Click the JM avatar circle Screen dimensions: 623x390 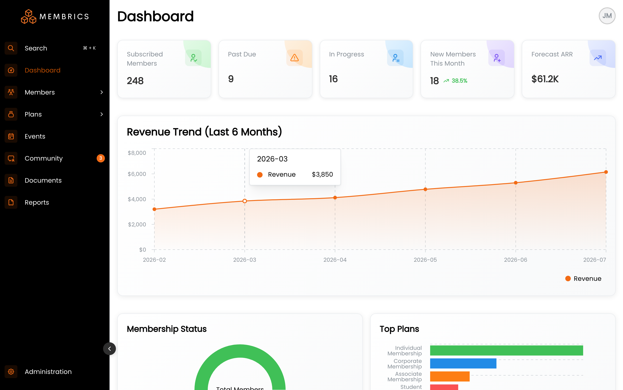tap(607, 16)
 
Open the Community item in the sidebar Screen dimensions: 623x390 tap(44, 158)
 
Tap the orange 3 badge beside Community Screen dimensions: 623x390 tap(101, 158)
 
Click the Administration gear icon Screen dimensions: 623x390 tap(11, 371)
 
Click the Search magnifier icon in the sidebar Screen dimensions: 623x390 tap(11, 48)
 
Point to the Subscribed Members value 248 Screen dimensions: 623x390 tap(135, 81)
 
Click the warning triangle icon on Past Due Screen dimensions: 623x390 tap(295, 58)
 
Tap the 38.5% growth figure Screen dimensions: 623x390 tap(459, 81)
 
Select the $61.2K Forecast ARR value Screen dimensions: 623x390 tap(545, 79)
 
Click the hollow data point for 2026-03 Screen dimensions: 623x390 tap(245, 201)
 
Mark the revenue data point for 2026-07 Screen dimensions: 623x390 tap(606, 172)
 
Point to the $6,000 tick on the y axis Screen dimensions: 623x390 tap(137, 174)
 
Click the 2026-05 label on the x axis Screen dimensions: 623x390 tap(425, 260)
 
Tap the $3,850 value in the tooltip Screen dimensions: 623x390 tap(322, 174)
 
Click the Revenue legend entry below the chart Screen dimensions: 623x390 tap(583, 279)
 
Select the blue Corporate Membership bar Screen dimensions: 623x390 tap(463, 363)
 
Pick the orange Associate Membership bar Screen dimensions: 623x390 tap(450, 376)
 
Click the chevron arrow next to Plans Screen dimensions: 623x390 tap(102, 114)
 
